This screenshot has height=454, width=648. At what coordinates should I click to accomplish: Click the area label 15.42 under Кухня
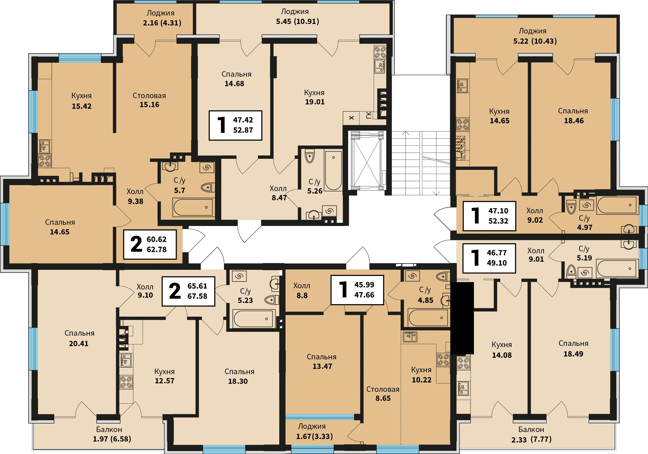81,106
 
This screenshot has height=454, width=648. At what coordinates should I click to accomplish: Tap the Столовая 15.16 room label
149,100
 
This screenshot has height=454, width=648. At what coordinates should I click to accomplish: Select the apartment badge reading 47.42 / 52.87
235,125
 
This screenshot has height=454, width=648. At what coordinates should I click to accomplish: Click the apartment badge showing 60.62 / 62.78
150,244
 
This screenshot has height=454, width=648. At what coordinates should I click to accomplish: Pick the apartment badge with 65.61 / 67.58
188,291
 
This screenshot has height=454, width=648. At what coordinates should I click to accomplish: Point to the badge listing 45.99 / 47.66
357,290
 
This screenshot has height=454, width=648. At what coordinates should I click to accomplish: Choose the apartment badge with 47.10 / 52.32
489,216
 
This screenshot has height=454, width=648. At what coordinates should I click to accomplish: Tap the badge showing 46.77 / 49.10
489,258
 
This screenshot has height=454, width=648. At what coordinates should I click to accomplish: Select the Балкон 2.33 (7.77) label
531,434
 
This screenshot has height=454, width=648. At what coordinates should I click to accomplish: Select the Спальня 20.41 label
79,338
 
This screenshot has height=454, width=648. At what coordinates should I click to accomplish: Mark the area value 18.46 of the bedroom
574,121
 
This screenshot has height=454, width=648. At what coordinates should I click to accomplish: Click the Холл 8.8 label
302,290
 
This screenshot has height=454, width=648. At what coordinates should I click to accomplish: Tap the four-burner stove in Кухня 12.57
126,382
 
